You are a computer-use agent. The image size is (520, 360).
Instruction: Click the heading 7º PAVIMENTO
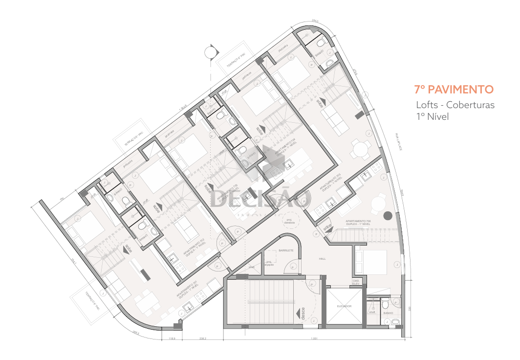454,90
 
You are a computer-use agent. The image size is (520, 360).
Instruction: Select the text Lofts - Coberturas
455,105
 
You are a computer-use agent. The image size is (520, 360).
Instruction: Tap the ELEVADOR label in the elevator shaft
344,306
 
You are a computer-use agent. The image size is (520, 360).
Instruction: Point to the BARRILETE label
286,250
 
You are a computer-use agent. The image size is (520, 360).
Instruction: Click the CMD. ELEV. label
356,282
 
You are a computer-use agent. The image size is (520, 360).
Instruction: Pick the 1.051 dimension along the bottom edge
313,339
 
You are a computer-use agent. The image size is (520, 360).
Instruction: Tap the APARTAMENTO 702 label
194,248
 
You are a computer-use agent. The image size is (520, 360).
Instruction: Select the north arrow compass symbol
210,51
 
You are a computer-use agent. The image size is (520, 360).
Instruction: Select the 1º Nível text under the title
432,117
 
